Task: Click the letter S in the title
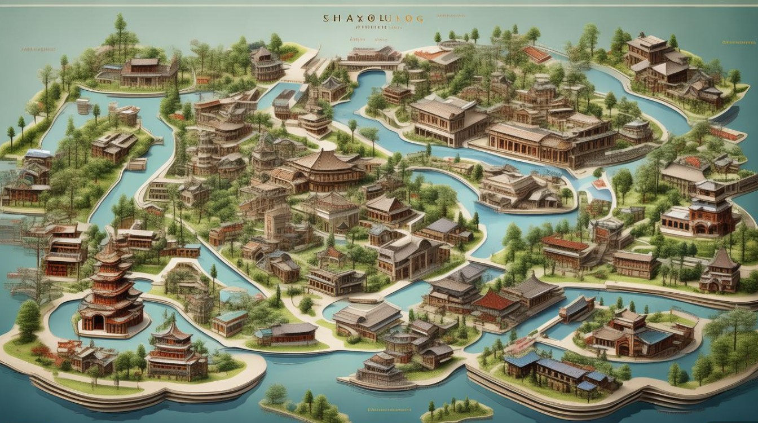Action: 326,19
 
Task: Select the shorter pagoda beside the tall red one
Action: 171,350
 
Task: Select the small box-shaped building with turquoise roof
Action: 229,322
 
